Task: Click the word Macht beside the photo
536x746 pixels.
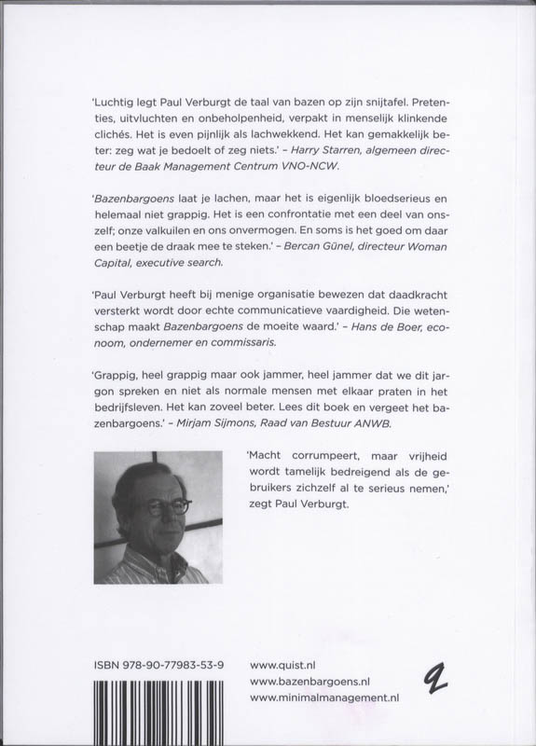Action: point(267,455)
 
